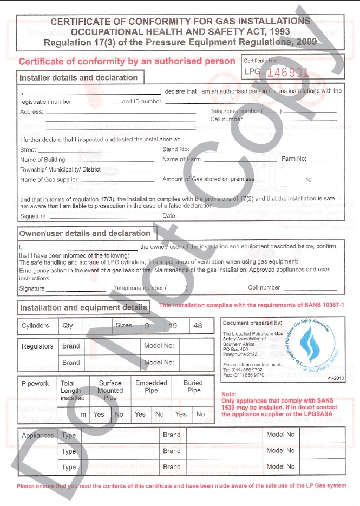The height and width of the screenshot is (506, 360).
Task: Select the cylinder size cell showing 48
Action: pos(198,326)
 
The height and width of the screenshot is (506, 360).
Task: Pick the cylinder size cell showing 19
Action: pos(173,326)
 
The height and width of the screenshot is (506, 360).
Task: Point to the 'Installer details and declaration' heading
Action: pos(78,77)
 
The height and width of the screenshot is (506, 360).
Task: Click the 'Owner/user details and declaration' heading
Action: pos(85,233)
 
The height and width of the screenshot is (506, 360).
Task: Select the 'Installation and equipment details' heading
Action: pos(83,308)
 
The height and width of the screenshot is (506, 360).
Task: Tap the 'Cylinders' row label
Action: pos(35,326)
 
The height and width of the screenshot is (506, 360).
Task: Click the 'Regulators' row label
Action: pos(37,346)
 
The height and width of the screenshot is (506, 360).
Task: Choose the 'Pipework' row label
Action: pos(36,383)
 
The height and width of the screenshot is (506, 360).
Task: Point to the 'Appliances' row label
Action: pos(38,435)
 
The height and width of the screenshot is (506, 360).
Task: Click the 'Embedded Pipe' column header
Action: pos(151,386)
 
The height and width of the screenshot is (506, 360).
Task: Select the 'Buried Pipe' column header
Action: pos(193,386)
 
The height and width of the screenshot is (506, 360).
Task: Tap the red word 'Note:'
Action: pos(229,394)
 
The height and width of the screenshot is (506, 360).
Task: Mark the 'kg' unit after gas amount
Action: pos(309,178)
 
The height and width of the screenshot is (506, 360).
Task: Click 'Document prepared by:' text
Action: pos(252,323)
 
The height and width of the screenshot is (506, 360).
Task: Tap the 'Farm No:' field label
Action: pos(294,159)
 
